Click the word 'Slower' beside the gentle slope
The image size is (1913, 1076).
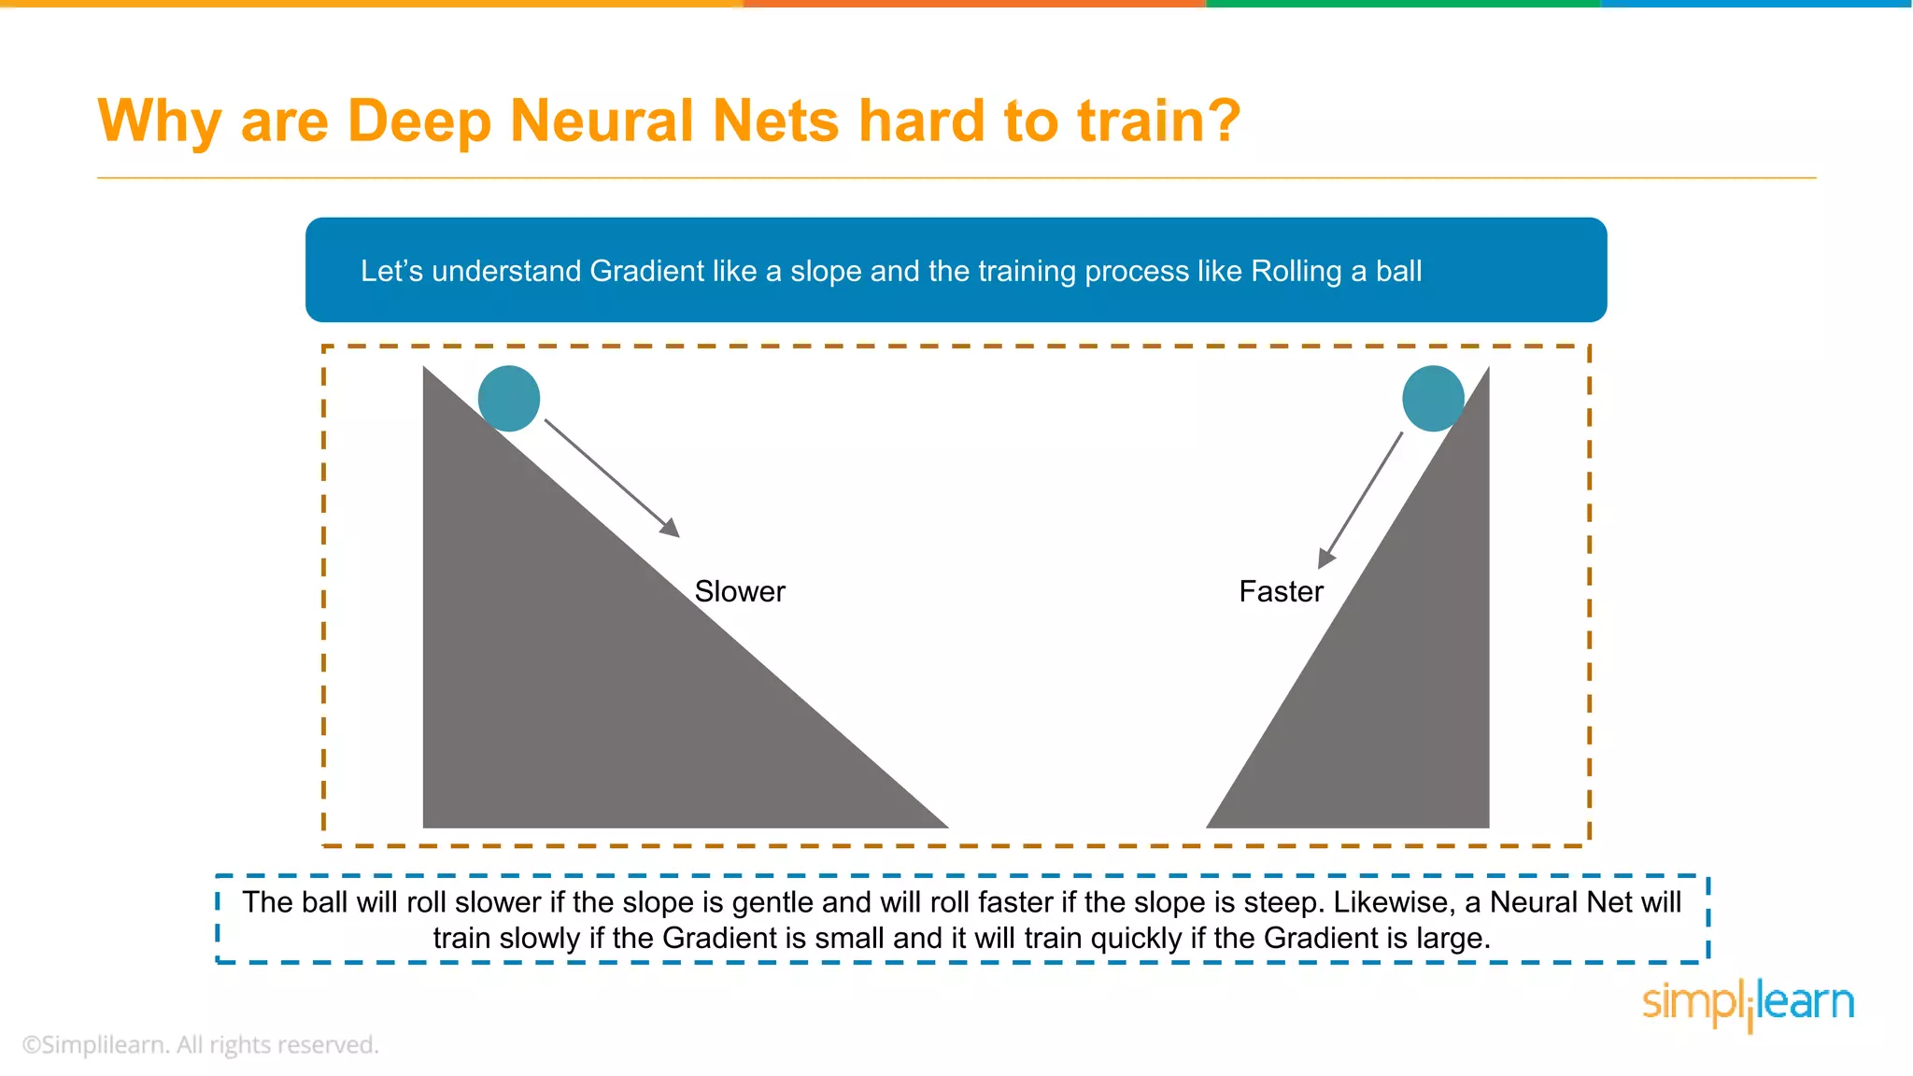(x=740, y=591)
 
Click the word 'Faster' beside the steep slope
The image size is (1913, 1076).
(x=1281, y=591)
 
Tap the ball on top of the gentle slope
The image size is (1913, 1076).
(x=509, y=398)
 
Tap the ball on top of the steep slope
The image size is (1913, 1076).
(x=1433, y=398)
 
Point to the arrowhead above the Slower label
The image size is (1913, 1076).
(x=671, y=528)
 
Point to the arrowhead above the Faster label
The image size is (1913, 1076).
(x=1325, y=559)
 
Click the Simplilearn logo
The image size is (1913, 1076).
(x=1748, y=1003)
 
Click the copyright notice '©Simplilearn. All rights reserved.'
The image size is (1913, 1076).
(x=201, y=1044)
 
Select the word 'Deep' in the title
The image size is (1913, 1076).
(x=419, y=121)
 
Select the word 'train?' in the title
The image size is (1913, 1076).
(x=1159, y=121)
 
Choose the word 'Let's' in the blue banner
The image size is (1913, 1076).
(x=391, y=271)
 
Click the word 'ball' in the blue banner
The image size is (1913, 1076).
(x=1398, y=271)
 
